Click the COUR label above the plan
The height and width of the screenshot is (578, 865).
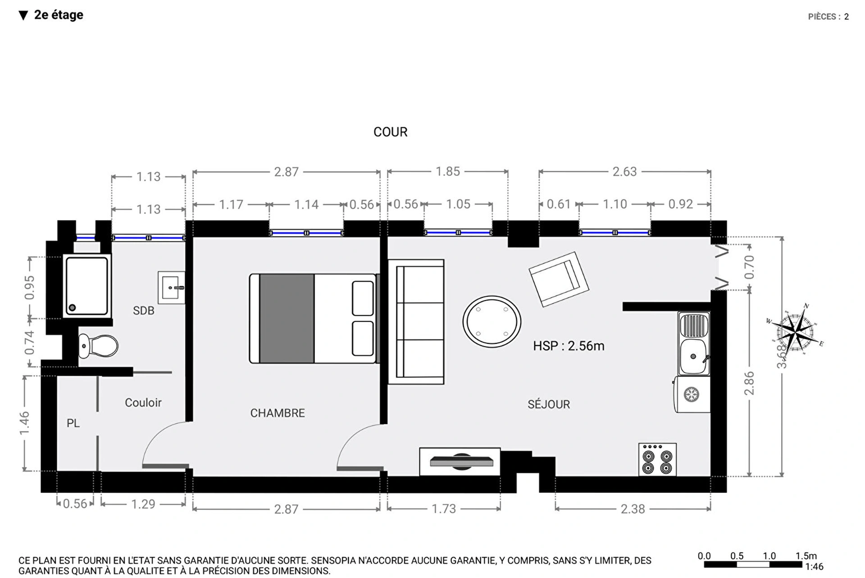(x=390, y=132)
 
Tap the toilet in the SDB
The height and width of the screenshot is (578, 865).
(x=98, y=346)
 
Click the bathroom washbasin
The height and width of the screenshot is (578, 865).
(x=171, y=288)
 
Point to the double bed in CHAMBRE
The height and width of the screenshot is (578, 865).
(x=314, y=318)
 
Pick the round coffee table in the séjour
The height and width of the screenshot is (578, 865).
(x=492, y=321)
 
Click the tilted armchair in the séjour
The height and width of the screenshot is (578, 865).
(x=559, y=280)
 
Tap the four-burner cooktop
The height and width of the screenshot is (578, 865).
(x=657, y=459)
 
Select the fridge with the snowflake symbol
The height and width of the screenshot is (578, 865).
(x=692, y=395)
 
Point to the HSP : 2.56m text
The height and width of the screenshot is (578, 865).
(x=569, y=346)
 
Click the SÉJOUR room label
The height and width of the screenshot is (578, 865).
(x=549, y=404)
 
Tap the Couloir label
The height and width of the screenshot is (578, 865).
(x=143, y=403)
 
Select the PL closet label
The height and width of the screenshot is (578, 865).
(x=73, y=423)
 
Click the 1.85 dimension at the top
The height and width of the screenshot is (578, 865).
(x=448, y=171)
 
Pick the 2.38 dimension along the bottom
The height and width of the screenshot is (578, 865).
(x=633, y=509)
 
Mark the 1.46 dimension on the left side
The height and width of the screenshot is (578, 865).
(x=24, y=423)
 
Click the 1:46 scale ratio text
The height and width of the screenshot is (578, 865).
(x=814, y=567)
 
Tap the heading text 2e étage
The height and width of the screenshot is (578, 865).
(x=59, y=15)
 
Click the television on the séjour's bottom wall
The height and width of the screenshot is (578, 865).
(x=460, y=462)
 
